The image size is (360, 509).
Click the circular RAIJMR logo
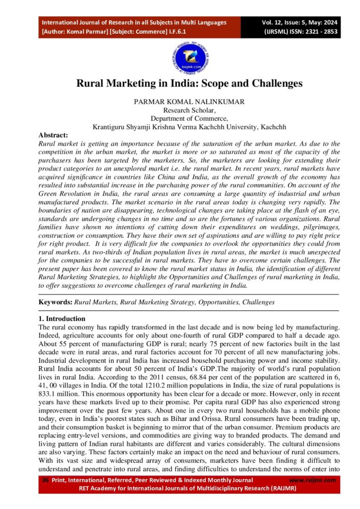tap(189, 59)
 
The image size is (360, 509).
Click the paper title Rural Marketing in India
tap(189, 84)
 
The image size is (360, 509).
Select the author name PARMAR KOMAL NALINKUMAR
tap(189, 101)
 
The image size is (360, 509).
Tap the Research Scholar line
tap(189, 110)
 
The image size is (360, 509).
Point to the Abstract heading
tap(53, 135)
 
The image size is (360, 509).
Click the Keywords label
tap(55, 302)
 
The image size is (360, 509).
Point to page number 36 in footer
tap(45, 480)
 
